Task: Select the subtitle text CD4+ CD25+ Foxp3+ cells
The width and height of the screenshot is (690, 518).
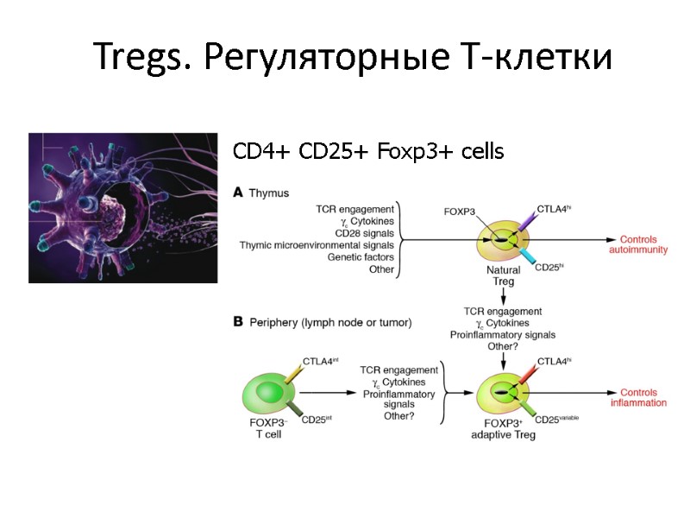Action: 368,152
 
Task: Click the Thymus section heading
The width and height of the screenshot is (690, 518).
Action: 268,193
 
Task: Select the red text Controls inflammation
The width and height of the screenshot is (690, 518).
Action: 638,397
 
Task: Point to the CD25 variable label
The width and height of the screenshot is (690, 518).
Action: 556,419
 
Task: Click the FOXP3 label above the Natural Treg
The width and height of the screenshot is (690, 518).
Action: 460,212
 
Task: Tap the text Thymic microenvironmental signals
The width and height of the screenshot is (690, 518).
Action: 317,245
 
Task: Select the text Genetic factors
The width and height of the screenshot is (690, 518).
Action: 356,257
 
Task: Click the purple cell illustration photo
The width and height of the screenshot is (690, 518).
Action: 122,208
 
